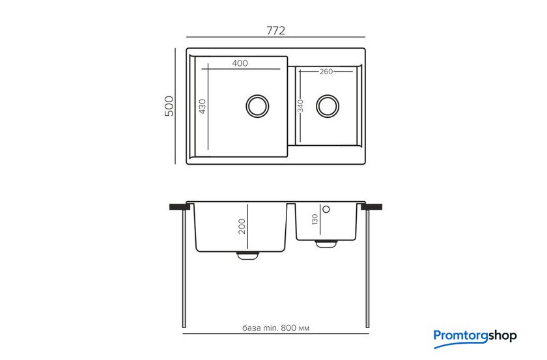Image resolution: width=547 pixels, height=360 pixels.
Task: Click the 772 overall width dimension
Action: click(275, 31)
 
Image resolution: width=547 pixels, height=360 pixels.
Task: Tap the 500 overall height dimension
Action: click(169, 105)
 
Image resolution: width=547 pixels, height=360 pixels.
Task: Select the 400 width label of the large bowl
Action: click(240, 63)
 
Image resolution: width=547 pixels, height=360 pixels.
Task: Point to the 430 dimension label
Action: click(203, 106)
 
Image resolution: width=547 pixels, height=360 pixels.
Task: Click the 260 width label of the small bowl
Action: click(326, 72)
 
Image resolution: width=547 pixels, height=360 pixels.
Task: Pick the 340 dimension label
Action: click(300, 106)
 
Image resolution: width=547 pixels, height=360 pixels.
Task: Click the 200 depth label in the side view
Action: click(242, 227)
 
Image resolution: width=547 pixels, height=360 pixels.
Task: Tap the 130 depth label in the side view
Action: click(315, 219)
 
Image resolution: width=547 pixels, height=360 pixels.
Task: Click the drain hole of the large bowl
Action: click(257, 105)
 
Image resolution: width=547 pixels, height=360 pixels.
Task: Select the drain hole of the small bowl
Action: click(328, 105)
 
